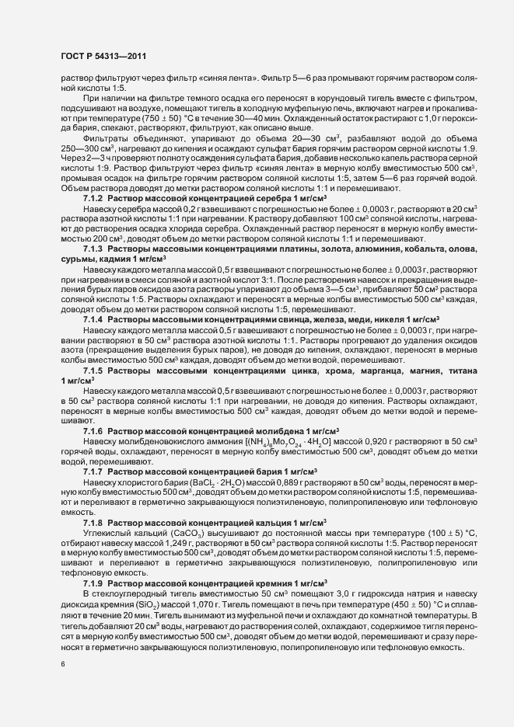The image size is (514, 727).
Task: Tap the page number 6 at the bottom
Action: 62,665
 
